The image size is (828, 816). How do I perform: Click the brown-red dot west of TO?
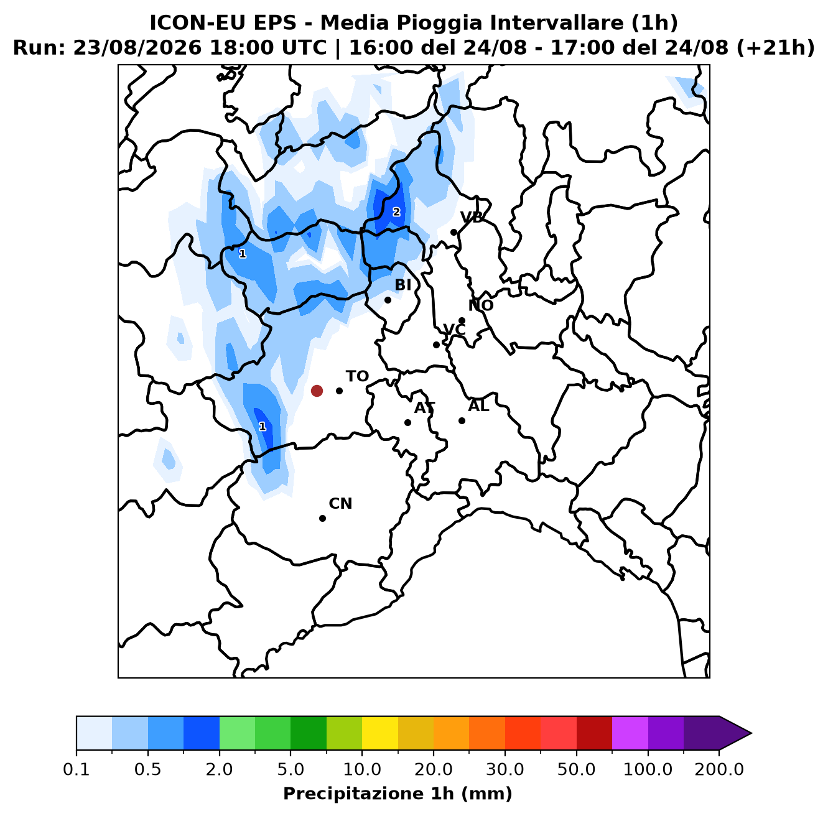click(317, 391)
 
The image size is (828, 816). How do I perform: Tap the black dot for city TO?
click(339, 391)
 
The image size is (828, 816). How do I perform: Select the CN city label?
click(340, 503)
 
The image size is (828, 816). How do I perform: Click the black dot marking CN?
click(322, 518)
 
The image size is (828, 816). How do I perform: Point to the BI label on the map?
click(402, 284)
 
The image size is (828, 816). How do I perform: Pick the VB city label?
click(472, 217)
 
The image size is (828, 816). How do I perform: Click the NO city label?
click(480, 305)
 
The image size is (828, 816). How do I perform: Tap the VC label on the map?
click(454, 329)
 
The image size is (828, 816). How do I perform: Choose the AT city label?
click(424, 407)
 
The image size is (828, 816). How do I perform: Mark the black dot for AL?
click(462, 420)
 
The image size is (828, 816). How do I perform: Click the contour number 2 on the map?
click(396, 212)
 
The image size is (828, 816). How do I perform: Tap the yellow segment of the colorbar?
click(380, 733)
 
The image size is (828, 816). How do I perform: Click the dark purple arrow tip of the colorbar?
click(751, 733)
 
